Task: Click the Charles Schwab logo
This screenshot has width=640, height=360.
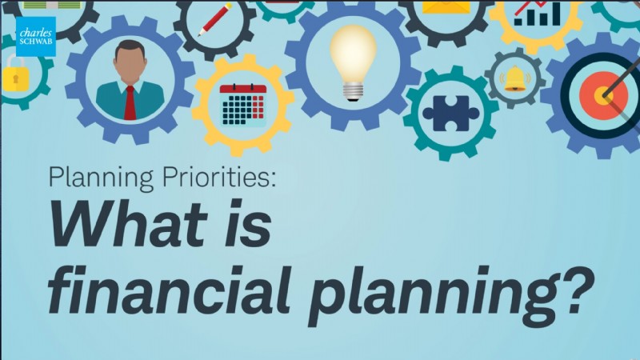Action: (x=36, y=37)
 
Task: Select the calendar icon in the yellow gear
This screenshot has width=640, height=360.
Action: (x=242, y=105)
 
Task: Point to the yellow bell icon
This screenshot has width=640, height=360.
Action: (x=514, y=78)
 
